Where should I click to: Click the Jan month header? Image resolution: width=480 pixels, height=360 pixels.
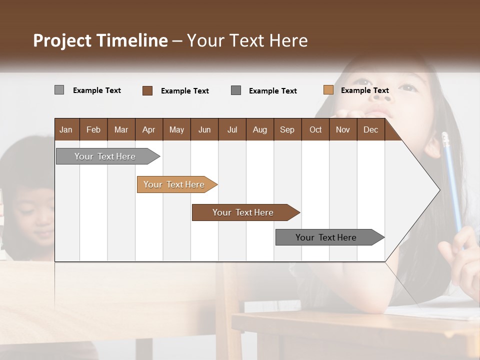(x=66, y=129)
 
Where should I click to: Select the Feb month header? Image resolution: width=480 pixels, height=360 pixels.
(x=93, y=129)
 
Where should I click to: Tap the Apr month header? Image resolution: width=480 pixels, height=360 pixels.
(x=148, y=129)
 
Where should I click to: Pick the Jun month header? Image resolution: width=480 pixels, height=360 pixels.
(x=204, y=129)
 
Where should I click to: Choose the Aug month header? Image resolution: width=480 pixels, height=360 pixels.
(x=259, y=129)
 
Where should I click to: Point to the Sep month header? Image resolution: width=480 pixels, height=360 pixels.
(x=287, y=129)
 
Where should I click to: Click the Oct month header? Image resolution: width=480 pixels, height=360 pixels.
(x=315, y=129)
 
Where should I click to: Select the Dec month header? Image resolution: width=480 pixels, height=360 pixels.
(x=370, y=129)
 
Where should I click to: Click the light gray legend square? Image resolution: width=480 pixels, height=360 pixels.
(x=59, y=90)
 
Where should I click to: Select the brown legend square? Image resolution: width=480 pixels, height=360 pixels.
(x=147, y=90)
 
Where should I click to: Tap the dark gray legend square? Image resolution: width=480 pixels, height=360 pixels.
(x=236, y=90)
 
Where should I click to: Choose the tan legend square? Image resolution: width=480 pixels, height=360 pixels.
(x=328, y=90)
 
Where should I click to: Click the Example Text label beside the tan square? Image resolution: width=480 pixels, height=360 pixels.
(x=364, y=90)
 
